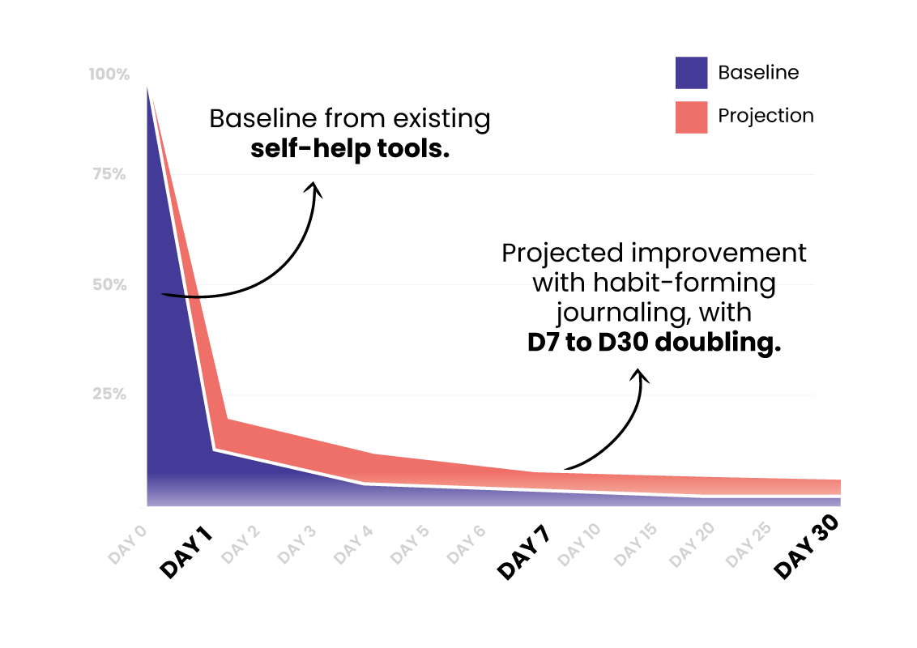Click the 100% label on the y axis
coord(109,75)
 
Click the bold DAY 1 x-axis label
coord(186,552)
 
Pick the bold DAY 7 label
coord(522,553)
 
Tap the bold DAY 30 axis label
coord(805,550)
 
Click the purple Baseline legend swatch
coord(691,73)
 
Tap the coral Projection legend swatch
coord(691,117)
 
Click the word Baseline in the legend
coord(758,73)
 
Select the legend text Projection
coord(766,116)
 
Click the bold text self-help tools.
coord(349,149)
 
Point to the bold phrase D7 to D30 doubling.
coord(655,343)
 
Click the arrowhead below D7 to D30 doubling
coord(640,376)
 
